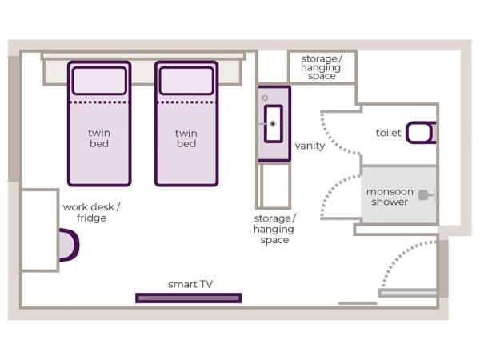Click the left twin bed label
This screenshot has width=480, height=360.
[x=98, y=138]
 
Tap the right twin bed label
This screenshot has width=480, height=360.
[x=186, y=138]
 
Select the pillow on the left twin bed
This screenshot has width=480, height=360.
[x=99, y=81]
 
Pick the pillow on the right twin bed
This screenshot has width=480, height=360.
[x=186, y=81]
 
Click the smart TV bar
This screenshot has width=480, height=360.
[x=188, y=298]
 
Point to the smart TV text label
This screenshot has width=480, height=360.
[x=190, y=284]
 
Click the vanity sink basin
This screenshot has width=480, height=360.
[x=273, y=123]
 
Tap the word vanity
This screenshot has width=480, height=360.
[x=310, y=146]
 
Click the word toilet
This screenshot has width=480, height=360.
[x=388, y=133]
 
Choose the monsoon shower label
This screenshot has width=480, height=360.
[x=389, y=197]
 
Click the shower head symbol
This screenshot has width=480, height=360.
[x=424, y=194]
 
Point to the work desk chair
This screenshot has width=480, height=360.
[x=70, y=245]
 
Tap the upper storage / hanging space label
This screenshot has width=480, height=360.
[x=321, y=67]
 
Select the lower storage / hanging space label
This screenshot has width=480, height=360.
[x=274, y=229]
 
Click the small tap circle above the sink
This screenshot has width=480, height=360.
[x=264, y=98]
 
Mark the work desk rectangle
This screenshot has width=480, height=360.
[x=39, y=230]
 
